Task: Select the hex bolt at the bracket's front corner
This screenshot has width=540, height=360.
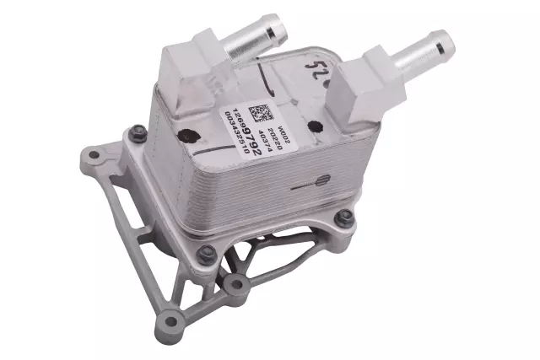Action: [206, 251]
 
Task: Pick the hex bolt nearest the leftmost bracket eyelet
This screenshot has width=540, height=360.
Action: [136, 132]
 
